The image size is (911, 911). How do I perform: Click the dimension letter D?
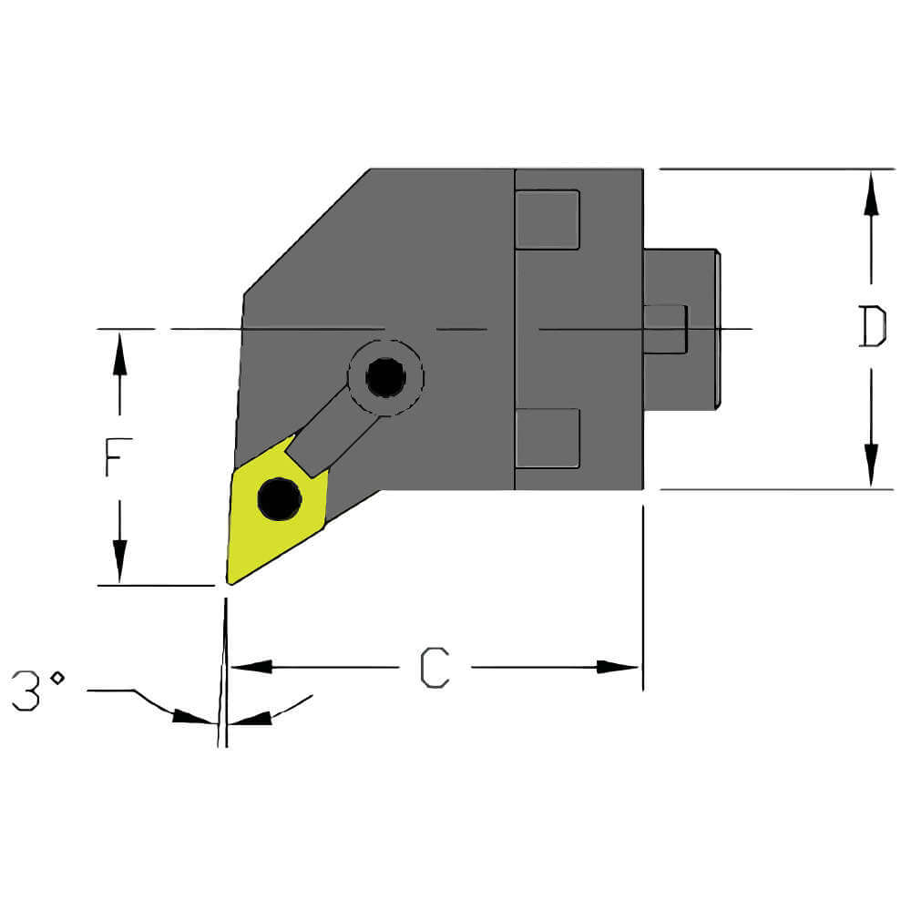(x=873, y=327)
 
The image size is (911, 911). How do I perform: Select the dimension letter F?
(x=113, y=457)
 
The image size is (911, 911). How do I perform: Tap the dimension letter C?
(x=435, y=668)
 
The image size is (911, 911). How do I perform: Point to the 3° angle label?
(x=38, y=691)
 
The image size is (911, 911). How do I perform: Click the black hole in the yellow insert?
(x=279, y=498)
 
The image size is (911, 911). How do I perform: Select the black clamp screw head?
(x=386, y=377)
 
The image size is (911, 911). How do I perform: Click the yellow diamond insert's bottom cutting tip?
(x=230, y=580)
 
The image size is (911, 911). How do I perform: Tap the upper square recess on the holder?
(x=547, y=220)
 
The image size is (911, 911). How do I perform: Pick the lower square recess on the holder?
(x=547, y=438)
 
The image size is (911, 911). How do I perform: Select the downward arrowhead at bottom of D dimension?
(x=872, y=466)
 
